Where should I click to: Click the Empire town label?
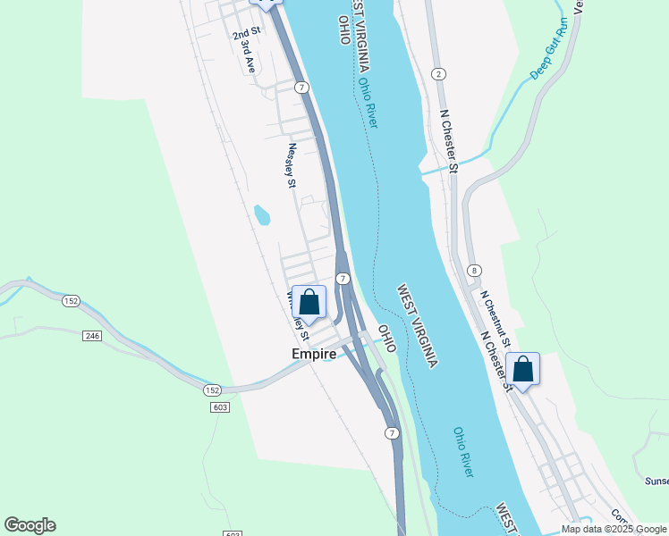tap(314, 354)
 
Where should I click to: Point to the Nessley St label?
tap(292, 167)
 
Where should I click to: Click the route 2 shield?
tap(437, 73)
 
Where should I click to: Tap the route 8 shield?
tap(474, 270)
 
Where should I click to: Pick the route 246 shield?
tap(91, 335)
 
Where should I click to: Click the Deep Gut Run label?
tap(548, 54)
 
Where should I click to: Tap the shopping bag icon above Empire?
tap(309, 302)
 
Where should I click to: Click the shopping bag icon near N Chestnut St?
tap(522, 368)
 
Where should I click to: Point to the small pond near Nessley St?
tap(262, 215)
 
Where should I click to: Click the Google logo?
tap(30, 525)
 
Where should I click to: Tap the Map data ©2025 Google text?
tap(614, 529)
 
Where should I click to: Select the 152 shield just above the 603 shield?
tap(211, 390)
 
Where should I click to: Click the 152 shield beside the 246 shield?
tap(71, 301)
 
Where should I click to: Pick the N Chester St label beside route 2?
tap(449, 141)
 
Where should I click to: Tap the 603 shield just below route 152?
tap(221, 407)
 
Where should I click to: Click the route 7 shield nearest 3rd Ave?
tap(303, 87)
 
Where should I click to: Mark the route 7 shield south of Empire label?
tap(391, 432)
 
